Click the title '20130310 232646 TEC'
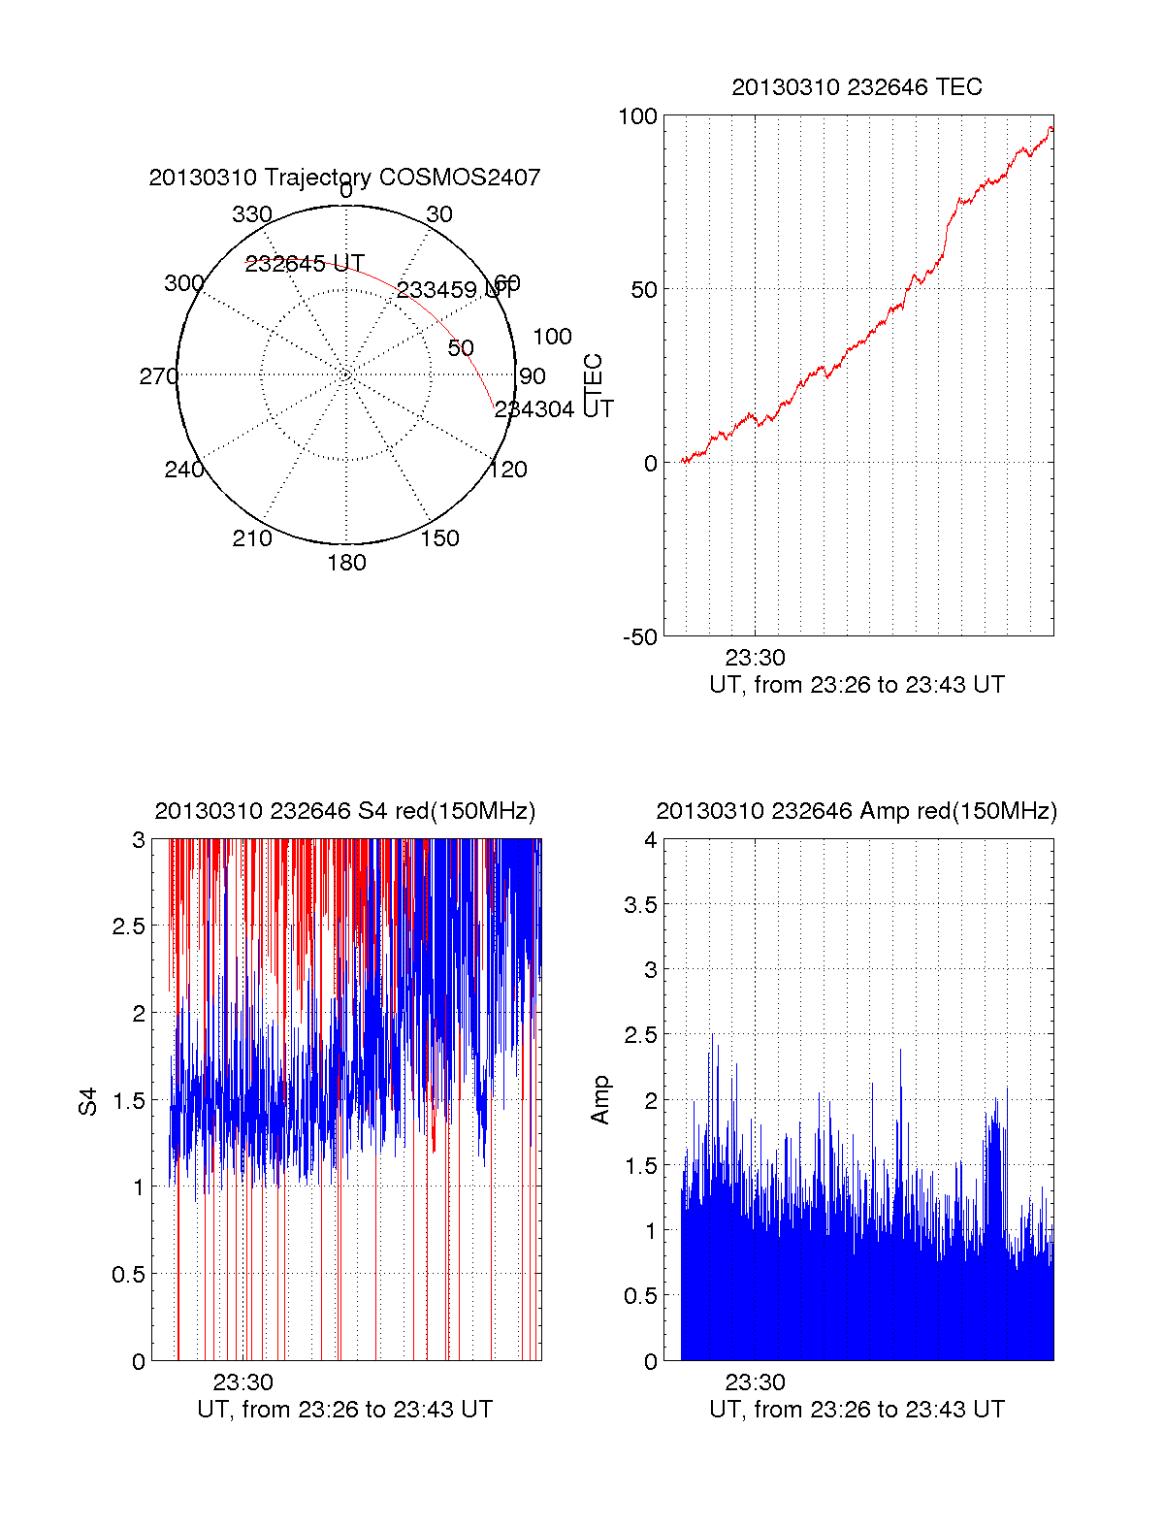(857, 87)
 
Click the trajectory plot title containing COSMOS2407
(344, 178)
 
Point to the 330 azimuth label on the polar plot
(252, 214)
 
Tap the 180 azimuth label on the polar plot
(346, 563)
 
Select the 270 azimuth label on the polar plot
(158, 376)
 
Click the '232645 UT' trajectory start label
(305, 264)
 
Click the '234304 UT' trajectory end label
(553, 409)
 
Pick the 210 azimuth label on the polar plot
(252, 538)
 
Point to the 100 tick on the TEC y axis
(637, 116)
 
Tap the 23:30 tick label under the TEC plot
(755, 658)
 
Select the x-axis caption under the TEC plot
(857, 685)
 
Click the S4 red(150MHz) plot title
(344, 811)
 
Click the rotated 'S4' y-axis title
(88, 1101)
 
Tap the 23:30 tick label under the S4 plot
(242, 1382)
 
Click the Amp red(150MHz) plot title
(857, 811)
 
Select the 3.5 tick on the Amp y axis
(641, 905)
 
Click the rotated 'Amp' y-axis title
(600, 1099)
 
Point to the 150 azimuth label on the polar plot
(439, 538)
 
